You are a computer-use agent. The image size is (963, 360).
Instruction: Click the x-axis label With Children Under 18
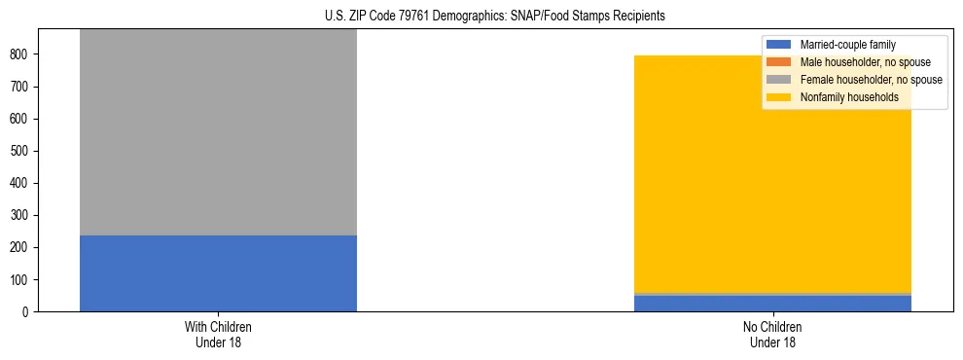click(x=218, y=334)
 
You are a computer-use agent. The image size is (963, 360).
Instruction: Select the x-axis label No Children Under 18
click(x=772, y=334)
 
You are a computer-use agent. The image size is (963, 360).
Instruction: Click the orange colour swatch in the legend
click(x=779, y=62)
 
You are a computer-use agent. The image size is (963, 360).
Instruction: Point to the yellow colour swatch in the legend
click(x=779, y=97)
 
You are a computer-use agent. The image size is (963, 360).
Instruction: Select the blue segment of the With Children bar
click(x=218, y=273)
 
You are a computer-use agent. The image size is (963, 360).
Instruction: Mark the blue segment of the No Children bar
click(x=772, y=304)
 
